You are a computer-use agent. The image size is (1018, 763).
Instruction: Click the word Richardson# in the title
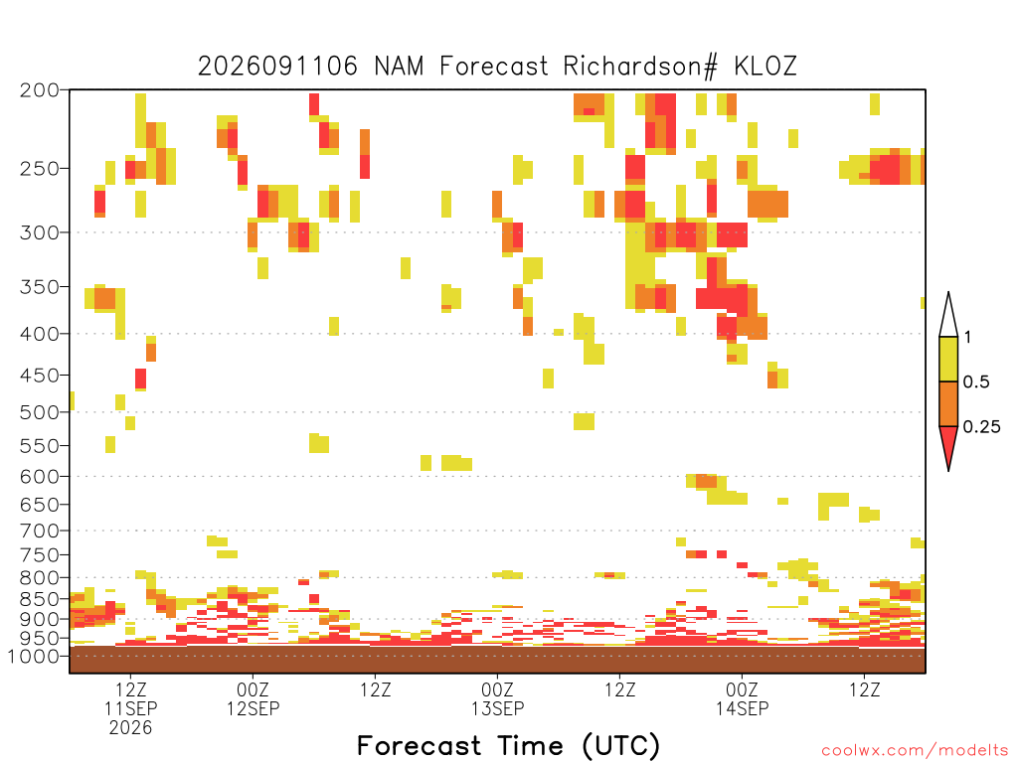[x=640, y=67]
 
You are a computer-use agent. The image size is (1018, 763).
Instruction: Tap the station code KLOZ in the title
[x=765, y=67]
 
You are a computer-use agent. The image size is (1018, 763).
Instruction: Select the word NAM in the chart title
[x=399, y=67]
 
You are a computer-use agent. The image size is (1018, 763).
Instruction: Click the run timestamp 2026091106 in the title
[x=277, y=67]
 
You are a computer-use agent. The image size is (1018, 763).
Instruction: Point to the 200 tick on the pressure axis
[x=40, y=90]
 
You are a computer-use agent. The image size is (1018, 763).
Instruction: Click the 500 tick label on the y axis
[x=40, y=412]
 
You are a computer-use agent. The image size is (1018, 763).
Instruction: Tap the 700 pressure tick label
[x=40, y=532]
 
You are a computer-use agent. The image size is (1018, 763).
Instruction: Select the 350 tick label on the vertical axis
[x=40, y=287]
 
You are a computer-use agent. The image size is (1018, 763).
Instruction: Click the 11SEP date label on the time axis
[x=131, y=708]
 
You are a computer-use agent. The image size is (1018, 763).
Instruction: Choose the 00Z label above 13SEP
[x=497, y=689]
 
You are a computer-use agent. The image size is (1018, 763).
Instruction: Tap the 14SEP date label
[x=742, y=708]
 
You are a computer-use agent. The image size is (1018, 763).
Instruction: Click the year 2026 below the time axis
[x=130, y=728]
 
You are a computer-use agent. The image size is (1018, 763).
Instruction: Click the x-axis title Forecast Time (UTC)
[x=508, y=746]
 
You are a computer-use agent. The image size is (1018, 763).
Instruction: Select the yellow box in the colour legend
[x=948, y=359]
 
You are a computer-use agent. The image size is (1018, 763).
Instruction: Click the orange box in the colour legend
[x=948, y=403]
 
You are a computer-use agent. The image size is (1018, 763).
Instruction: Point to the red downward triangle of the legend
[x=948, y=444]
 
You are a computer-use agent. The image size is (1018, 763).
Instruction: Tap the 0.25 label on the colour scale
[x=981, y=427]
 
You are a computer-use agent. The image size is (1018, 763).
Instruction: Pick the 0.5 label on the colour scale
[x=976, y=382]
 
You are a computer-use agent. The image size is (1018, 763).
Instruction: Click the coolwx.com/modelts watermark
[x=915, y=751]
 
